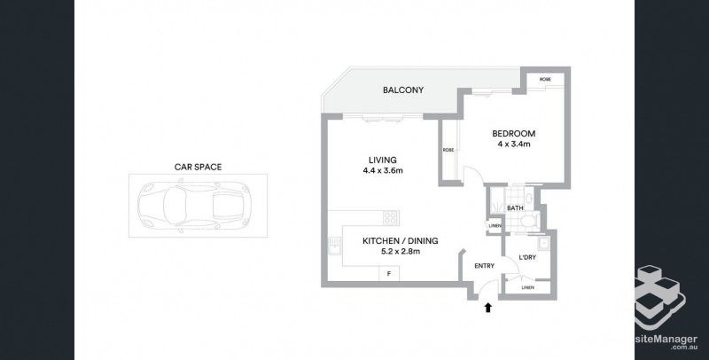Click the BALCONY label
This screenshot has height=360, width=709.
pyautogui.click(x=403, y=90)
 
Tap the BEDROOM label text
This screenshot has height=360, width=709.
pyautogui.click(x=514, y=134)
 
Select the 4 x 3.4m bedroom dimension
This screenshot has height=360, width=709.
pyautogui.click(x=514, y=145)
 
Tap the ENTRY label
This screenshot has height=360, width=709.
pyautogui.click(x=485, y=265)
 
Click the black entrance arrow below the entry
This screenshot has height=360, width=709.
pyautogui.click(x=486, y=307)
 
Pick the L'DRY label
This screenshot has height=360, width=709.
pyautogui.click(x=526, y=258)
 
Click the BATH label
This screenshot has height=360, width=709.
pyautogui.click(x=514, y=209)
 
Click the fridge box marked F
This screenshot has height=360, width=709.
pyautogui.click(x=388, y=273)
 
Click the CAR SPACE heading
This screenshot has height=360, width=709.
pyautogui.click(x=197, y=166)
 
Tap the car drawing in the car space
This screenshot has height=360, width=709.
pyautogui.click(x=197, y=205)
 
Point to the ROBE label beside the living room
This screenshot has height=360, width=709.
pyautogui.click(x=449, y=150)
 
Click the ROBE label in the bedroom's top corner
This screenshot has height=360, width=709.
pyautogui.click(x=545, y=80)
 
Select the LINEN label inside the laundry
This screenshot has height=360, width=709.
pyautogui.click(x=527, y=287)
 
